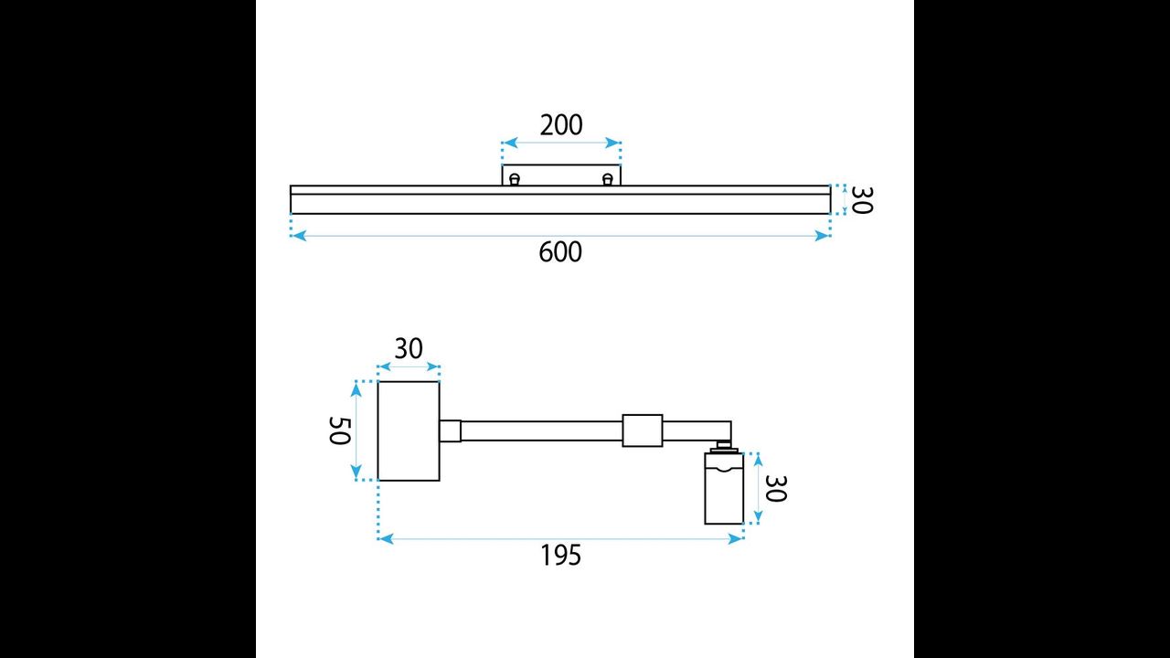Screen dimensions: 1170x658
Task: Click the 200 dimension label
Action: click(x=561, y=125)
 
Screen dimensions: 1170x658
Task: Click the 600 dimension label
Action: click(x=560, y=252)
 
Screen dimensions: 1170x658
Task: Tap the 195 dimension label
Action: click(x=560, y=555)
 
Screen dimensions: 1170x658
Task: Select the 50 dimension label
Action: click(x=340, y=430)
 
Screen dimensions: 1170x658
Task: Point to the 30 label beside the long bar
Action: click(x=862, y=200)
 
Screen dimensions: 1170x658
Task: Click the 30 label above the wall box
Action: click(x=409, y=349)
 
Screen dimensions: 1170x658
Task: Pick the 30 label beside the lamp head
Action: click(x=775, y=488)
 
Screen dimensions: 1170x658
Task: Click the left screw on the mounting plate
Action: click(x=515, y=180)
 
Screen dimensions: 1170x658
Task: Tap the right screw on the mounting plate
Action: click(x=608, y=180)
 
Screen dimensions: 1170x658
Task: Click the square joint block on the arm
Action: click(x=643, y=430)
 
